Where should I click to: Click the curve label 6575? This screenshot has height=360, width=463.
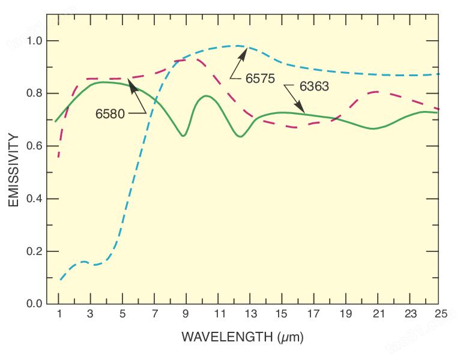coord(260,79)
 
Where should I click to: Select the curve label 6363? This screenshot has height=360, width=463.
coord(314,86)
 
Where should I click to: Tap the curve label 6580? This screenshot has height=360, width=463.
coord(110,113)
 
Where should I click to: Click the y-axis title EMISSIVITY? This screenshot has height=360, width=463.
coord(14,170)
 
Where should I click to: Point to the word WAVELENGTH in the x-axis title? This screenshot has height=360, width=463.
coord(227,337)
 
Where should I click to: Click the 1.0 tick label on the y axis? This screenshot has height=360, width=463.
coord(34,41)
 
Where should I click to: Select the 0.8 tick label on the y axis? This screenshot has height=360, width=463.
coord(34,93)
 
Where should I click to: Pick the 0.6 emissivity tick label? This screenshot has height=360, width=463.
coord(34,146)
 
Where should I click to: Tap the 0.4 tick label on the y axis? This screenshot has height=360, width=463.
coord(34,199)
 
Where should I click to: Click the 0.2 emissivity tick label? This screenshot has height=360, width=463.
coord(34,251)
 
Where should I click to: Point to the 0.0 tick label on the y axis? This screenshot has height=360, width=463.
coord(34,304)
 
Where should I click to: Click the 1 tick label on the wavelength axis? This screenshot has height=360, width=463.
coord(59,314)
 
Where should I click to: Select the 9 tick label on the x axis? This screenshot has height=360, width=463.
coord(186,314)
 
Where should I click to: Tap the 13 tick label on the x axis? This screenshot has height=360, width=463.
coord(250,314)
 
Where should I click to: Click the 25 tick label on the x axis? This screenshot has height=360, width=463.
coord(441,314)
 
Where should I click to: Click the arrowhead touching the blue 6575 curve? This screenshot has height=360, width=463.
coord(243,54)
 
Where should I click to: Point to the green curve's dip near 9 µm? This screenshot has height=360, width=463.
coord(183,136)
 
